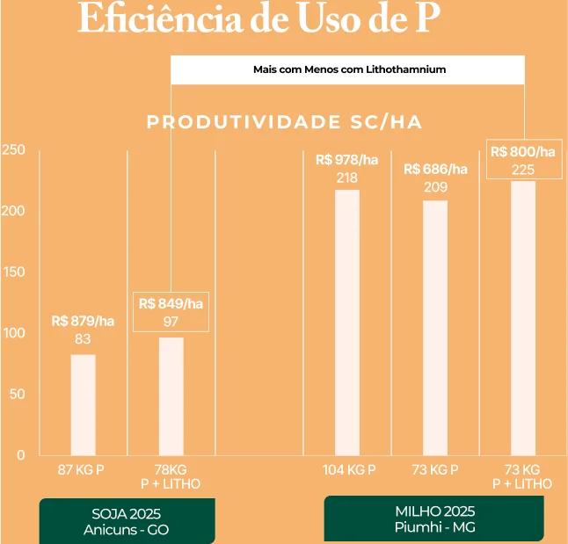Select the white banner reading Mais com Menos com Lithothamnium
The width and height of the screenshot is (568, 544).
pyautogui.click(x=347, y=69)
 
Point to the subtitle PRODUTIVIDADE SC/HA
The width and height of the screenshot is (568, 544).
pyautogui.click(x=284, y=122)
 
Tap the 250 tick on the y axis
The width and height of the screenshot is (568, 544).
pyautogui.click(x=13, y=150)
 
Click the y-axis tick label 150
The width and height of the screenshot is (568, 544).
pyautogui.click(x=13, y=272)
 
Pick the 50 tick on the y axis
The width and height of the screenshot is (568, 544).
pyautogui.click(x=17, y=394)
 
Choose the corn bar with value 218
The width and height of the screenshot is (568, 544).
pyautogui.click(x=346, y=323)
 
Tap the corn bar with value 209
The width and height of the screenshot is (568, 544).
pyautogui.click(x=435, y=327)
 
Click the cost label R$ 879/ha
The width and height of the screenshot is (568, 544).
pyautogui.click(x=83, y=321)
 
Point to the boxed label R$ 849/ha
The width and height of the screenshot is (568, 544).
pyautogui.click(x=171, y=304)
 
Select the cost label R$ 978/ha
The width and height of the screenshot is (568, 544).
pyautogui.click(x=346, y=160)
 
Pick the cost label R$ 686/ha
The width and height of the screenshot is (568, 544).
pyautogui.click(x=435, y=169)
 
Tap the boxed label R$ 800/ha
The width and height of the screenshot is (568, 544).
pyautogui.click(x=523, y=152)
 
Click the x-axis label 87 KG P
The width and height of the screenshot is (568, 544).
pyautogui.click(x=82, y=470)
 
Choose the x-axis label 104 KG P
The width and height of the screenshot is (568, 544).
pyautogui.click(x=349, y=470)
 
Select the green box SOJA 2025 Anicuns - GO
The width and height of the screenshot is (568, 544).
pyautogui.click(x=127, y=521)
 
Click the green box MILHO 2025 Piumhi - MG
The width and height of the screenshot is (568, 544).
pyautogui.click(x=433, y=519)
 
